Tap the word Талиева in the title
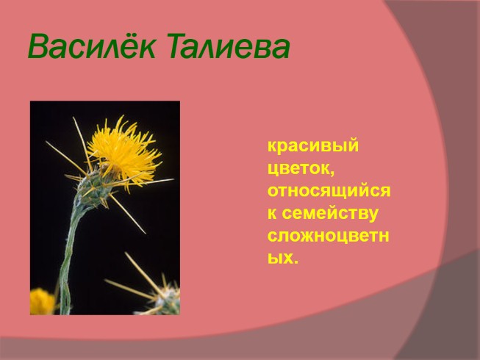click(x=228, y=46)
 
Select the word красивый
click(x=313, y=145)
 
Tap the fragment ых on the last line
click(x=279, y=259)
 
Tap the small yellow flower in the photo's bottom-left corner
click(x=41, y=301)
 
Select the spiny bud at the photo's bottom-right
click(x=162, y=298)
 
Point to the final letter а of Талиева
click(x=279, y=49)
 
